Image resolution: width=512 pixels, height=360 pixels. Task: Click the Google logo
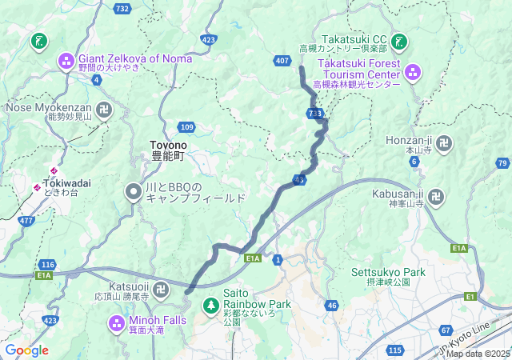pos(26,350)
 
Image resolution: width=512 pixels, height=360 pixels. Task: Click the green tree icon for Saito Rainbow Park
pos(211,305)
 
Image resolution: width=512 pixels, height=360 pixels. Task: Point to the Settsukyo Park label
pos(381,276)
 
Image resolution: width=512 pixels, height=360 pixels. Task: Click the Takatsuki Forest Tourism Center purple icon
pos(413,73)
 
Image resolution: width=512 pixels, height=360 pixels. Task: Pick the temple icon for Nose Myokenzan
pos(105,108)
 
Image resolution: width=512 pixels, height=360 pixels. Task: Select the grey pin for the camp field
pos(134,190)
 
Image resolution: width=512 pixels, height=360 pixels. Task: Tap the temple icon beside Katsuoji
pos(161,288)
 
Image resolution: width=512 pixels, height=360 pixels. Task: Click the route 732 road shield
pos(122,8)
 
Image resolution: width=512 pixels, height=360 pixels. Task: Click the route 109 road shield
pos(186,127)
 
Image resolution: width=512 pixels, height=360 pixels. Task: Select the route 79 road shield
pos(502,163)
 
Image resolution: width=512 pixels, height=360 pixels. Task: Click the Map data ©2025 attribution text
pos(478,354)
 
